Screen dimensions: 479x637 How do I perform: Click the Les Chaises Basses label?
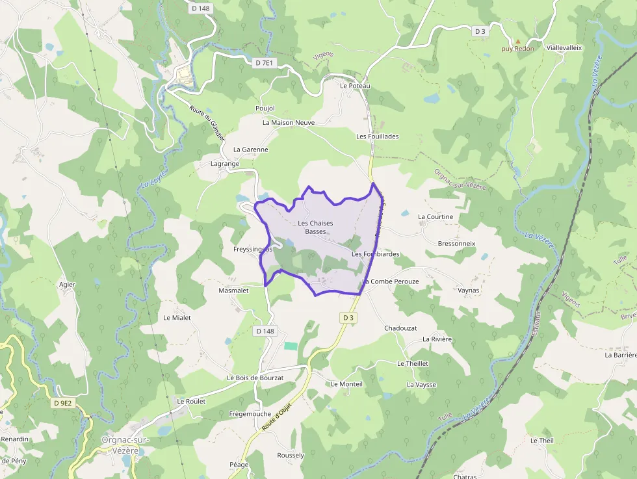coord(315,227)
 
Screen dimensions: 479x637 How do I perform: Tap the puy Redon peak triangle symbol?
coord(518,41)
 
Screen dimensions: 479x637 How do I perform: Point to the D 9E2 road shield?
coord(63,403)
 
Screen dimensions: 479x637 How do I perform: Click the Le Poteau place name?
coord(355,86)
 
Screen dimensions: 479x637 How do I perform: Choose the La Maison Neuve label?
coord(289,122)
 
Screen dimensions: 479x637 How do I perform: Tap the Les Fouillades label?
coord(378,136)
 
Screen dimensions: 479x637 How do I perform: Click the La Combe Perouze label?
coord(391,281)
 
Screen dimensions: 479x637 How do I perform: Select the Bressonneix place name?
coord(457,244)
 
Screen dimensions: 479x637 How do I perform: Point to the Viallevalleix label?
coord(564,48)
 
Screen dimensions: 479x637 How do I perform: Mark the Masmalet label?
coord(233,291)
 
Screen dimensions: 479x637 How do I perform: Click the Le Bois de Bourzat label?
coord(255,378)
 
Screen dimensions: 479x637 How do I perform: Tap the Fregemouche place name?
coord(250,413)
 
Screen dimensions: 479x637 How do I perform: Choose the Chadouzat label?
coord(400,328)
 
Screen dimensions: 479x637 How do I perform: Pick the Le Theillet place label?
coord(413,363)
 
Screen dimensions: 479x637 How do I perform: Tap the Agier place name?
coord(67,285)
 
